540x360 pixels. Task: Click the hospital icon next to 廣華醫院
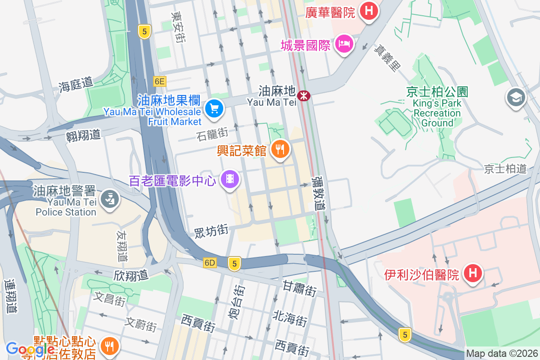369,10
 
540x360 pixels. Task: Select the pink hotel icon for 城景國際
344,45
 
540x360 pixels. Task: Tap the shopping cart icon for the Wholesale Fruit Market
214,109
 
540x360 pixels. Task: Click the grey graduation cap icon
516,97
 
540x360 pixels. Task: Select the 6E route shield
159,81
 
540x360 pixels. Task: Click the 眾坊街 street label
211,231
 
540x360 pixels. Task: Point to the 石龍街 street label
212,134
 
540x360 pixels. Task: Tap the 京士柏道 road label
505,169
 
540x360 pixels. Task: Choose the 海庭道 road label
76,84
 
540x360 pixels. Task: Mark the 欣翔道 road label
131,275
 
